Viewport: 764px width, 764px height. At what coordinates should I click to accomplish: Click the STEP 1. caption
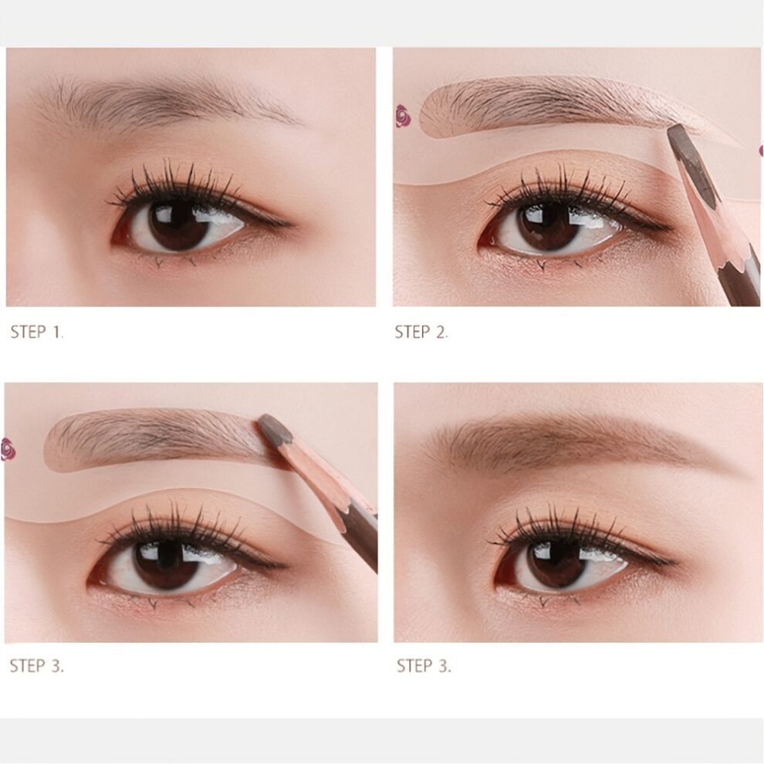[x=37, y=333]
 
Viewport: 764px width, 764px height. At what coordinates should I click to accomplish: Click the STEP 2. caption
[x=421, y=333]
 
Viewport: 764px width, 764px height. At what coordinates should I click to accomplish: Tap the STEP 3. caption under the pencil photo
[x=37, y=666]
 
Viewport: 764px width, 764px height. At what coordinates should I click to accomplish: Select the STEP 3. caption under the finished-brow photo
[x=424, y=666]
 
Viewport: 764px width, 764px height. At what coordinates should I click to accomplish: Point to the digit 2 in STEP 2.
[x=441, y=333]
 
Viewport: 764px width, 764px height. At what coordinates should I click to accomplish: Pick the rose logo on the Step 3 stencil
[x=8, y=448]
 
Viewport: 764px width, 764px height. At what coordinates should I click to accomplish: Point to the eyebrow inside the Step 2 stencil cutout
[x=540, y=104]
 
